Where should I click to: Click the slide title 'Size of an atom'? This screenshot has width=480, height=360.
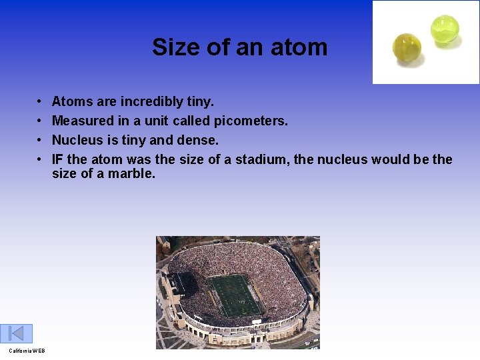click(239, 47)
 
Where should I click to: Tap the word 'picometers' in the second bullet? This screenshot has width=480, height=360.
click(250, 121)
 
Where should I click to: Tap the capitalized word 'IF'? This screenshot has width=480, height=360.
click(57, 160)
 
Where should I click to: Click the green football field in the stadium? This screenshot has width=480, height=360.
click(236, 295)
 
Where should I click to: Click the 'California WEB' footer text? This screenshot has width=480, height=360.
click(27, 351)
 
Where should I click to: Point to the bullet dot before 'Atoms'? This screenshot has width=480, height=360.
click(39, 102)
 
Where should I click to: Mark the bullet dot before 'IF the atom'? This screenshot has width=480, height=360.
click(39, 160)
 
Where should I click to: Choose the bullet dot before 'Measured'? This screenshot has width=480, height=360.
click(39, 121)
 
